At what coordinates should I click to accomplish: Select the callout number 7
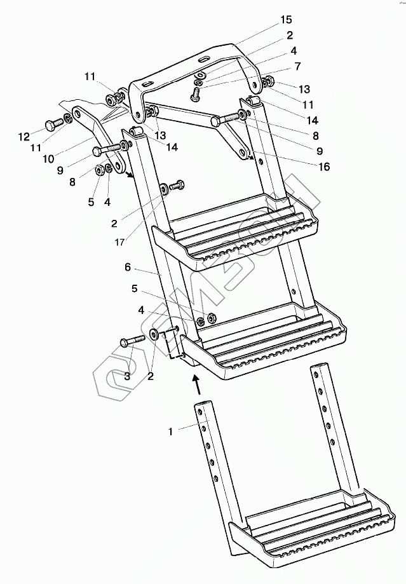pyautogui.click(x=297, y=66)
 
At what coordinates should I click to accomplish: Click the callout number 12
pyautogui.click(x=24, y=136)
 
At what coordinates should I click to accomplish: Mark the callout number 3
pyautogui.click(x=127, y=376)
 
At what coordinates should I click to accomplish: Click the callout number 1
pyautogui.click(x=170, y=431)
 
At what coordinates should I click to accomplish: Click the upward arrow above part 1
pyautogui.click(x=198, y=383)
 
